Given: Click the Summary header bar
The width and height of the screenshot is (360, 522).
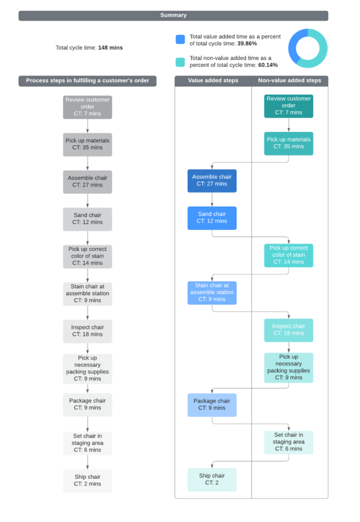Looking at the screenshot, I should click(x=173, y=16).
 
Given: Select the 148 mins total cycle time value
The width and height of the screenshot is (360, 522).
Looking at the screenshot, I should click(x=110, y=47).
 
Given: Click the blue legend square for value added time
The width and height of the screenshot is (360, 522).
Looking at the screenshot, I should click(x=180, y=40).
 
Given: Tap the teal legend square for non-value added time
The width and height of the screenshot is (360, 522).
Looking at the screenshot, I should click(x=180, y=62).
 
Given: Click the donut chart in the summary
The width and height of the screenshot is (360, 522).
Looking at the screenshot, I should click(x=308, y=48).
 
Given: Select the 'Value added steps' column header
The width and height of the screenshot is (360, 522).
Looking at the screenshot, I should click(x=213, y=80).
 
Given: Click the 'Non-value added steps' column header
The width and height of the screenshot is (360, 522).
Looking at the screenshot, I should click(x=290, y=80).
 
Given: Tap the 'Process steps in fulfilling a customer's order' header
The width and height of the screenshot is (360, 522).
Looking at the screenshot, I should click(x=88, y=80).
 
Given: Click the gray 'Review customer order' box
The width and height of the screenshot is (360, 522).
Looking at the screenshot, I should click(x=88, y=107).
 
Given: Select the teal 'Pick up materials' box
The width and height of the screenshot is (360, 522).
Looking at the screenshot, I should click(x=289, y=143).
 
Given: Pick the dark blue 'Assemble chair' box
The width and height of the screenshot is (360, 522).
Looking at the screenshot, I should click(x=212, y=181).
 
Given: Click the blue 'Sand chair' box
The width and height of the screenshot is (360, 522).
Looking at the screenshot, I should click(x=212, y=218).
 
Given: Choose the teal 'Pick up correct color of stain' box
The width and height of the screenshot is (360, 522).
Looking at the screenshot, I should click(x=289, y=255).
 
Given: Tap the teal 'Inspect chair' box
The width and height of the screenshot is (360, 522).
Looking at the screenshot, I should click(x=289, y=330).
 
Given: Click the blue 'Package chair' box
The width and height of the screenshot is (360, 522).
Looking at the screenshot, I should click(x=212, y=404).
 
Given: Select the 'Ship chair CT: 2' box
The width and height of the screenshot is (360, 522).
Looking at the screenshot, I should click(x=212, y=479).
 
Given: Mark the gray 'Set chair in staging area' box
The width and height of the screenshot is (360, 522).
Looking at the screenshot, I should click(x=88, y=443).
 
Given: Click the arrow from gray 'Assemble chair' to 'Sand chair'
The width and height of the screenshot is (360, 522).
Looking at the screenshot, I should click(x=88, y=200).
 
